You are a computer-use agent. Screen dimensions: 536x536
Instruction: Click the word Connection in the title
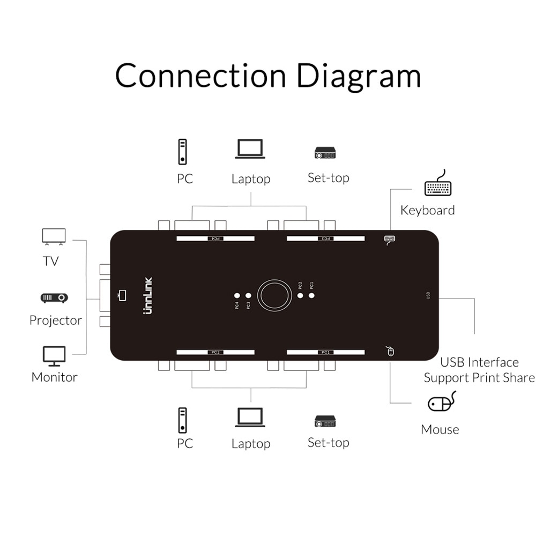point(200,76)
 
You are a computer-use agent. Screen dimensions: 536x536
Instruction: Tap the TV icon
point(54,237)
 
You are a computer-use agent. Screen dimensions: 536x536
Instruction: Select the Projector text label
point(56,321)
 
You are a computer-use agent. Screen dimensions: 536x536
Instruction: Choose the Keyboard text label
point(427,210)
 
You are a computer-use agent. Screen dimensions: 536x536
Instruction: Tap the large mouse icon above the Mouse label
point(441,402)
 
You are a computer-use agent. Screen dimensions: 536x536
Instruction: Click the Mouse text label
point(440,429)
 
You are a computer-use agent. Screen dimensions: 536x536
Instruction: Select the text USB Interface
point(479,362)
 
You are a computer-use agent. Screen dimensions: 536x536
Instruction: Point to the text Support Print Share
point(479,378)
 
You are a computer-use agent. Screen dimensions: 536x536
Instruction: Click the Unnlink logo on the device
point(148,295)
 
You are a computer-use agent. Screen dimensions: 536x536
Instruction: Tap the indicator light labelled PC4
point(237,295)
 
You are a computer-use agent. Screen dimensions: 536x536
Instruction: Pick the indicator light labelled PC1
point(311,295)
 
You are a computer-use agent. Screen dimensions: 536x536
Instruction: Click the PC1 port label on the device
point(325,352)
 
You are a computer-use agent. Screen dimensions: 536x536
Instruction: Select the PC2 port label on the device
point(215,352)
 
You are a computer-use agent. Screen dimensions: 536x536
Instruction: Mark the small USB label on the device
point(428,295)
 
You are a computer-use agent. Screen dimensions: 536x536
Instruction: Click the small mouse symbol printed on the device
point(390,352)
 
